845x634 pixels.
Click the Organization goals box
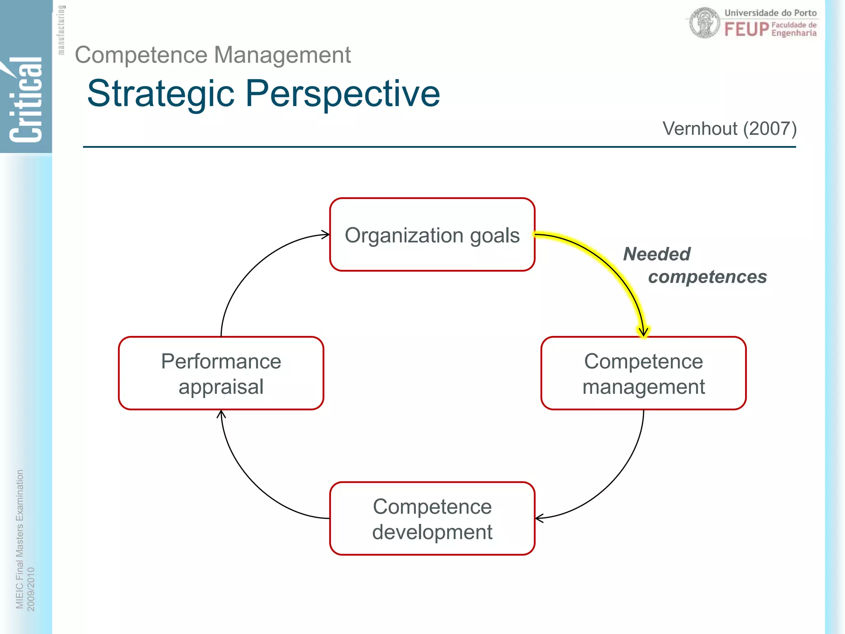(432, 234)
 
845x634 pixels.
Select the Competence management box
(643, 373)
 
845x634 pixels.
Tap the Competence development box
(432, 518)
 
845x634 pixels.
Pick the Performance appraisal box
(221, 373)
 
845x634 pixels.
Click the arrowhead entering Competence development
(539, 518)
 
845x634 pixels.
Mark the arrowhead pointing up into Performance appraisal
(221, 414)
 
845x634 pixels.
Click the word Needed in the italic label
(656, 254)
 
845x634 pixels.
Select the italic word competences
(707, 277)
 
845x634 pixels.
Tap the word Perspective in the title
(342, 94)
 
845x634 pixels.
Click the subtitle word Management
(282, 55)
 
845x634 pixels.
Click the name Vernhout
(700, 129)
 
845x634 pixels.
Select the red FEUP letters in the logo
(746, 29)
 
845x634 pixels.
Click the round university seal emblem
(705, 23)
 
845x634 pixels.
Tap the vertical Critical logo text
(26, 99)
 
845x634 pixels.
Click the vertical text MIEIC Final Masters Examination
(19, 539)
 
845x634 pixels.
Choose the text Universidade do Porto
(770, 13)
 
